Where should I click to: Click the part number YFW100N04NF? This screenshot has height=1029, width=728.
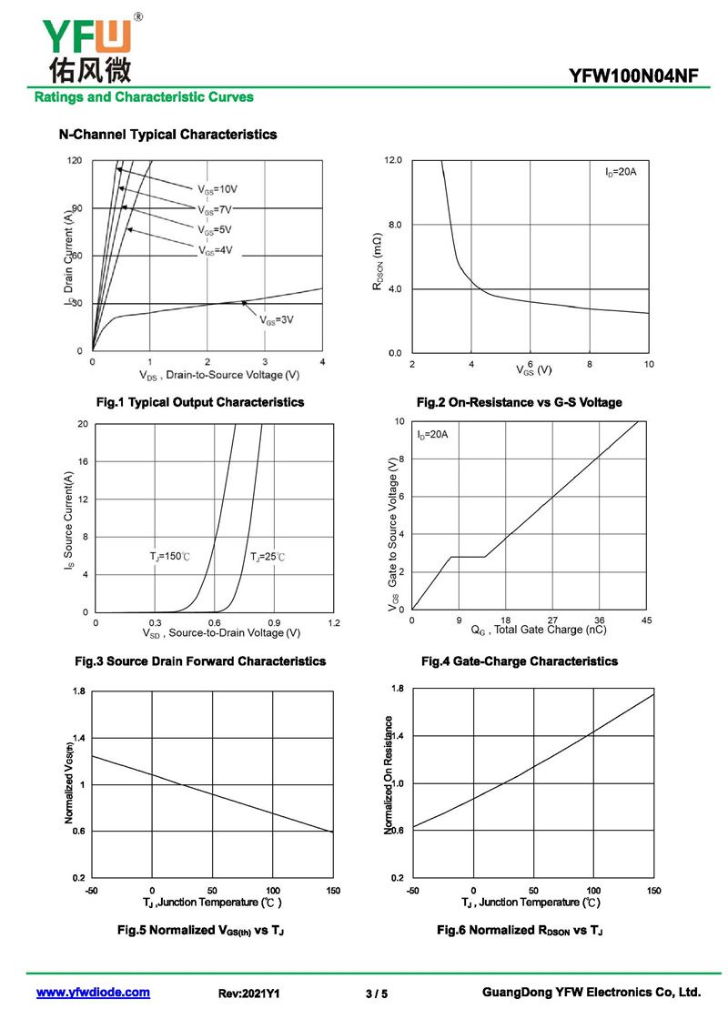pos(633,76)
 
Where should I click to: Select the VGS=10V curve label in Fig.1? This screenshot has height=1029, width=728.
pos(217,189)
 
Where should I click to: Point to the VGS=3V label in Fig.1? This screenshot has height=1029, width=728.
pos(277,319)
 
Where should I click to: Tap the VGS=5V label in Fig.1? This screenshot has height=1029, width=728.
pos(215,229)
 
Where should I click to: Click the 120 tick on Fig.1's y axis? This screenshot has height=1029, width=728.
pos(75,160)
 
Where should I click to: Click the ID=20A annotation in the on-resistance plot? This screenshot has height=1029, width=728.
pos(621,172)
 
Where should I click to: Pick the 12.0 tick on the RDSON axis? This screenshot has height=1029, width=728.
pos(393,160)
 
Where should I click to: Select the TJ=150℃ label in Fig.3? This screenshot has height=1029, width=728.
pos(169,557)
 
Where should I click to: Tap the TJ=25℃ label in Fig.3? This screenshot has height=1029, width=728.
pos(268,557)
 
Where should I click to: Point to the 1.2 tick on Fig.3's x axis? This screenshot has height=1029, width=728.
pos(334,623)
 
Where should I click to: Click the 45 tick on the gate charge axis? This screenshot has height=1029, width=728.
pos(647,620)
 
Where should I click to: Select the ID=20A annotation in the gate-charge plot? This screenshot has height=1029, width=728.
pos(432,435)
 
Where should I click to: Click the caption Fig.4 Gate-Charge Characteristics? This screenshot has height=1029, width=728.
pos(520,661)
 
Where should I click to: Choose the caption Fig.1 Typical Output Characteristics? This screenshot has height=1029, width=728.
pos(200,402)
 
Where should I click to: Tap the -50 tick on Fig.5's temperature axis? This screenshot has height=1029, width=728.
pos(91,891)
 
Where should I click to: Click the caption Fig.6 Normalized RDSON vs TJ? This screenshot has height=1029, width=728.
pos(520,930)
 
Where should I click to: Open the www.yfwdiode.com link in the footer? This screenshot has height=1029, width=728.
pos(93,993)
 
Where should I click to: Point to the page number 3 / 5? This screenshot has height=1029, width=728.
pos(377,994)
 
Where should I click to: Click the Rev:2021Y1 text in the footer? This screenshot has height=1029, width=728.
pos(248,994)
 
